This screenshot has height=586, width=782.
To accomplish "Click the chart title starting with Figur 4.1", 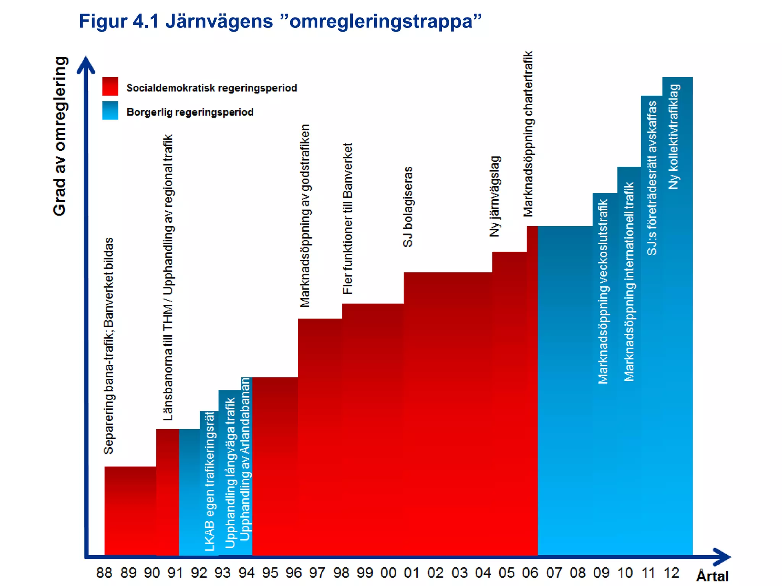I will (x=280, y=21).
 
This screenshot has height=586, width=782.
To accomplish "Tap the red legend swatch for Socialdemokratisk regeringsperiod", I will (x=110, y=86).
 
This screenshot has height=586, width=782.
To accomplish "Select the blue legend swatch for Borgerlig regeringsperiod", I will (x=110, y=111).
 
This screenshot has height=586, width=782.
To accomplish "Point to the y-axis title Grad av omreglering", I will (x=60, y=136).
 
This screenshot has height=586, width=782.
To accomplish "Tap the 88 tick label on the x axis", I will (x=104, y=573).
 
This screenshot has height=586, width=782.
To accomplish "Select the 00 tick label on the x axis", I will (x=388, y=573).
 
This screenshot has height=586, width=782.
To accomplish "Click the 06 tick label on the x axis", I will (x=530, y=573).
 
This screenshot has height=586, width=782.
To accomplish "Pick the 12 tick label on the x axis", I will (x=671, y=573).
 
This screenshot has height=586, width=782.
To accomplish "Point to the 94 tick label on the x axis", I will (x=246, y=573).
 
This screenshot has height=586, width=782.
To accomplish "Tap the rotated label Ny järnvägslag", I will (x=495, y=196).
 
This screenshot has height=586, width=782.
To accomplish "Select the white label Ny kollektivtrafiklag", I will (x=674, y=137).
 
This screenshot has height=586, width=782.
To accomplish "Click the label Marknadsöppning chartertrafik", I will (x=528, y=134).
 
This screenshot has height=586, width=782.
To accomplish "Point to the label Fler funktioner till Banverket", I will (x=347, y=219).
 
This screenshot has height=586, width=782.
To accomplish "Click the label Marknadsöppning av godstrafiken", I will (x=305, y=216).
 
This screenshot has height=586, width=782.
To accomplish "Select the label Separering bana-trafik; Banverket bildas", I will (x=108, y=346).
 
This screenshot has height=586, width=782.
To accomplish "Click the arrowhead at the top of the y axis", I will (x=86, y=64).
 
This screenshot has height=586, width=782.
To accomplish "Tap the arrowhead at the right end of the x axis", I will (x=722, y=557).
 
